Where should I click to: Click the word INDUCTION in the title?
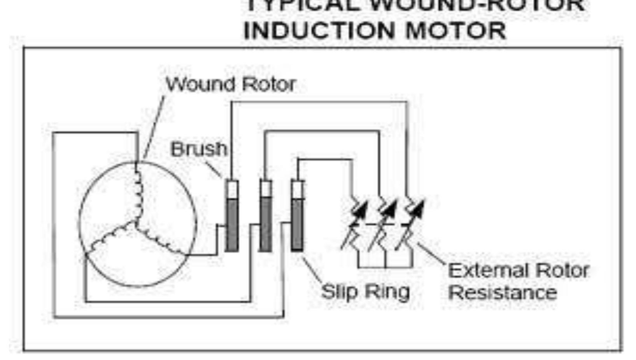tap(319, 30)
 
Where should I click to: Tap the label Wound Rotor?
tap(231, 84)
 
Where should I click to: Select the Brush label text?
tap(199, 149)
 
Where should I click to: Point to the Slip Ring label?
tap(365, 292)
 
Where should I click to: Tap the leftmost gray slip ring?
tap(232, 225)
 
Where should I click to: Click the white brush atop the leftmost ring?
tap(232, 189)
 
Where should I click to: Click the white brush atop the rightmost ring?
tap(298, 190)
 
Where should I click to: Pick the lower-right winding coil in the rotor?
tap(159, 239)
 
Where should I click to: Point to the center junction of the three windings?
tap(136, 222)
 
